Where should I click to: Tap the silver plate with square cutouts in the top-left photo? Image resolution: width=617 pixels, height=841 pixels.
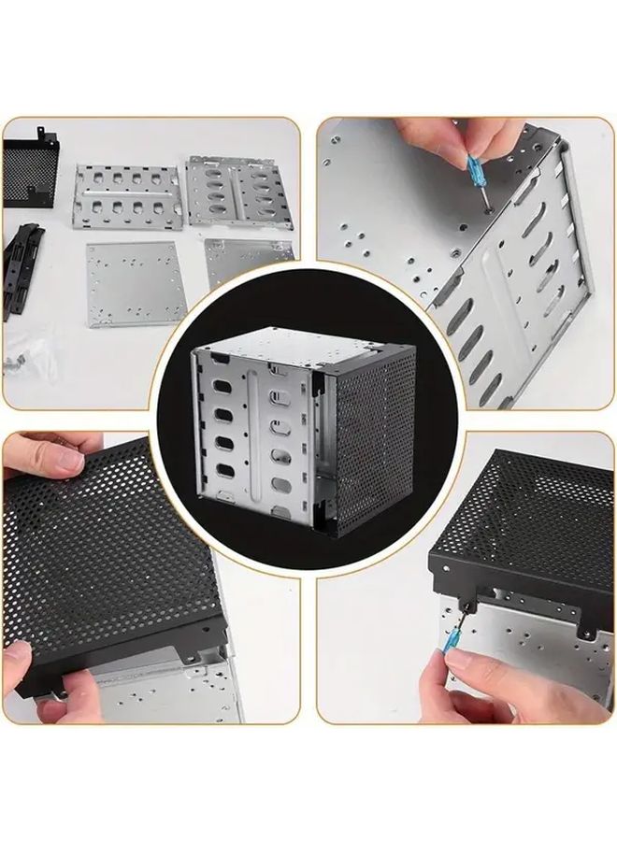pos(128,195)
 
